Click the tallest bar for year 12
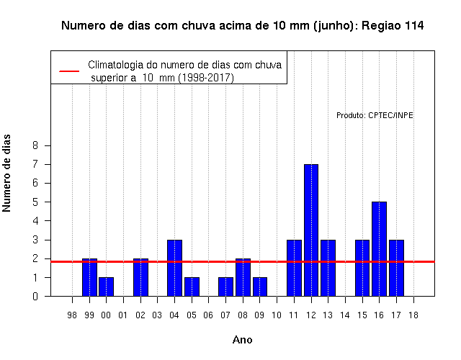(311, 230)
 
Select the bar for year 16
(379, 249)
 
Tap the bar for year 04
(174, 268)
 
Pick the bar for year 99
(89, 277)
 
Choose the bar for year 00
(106, 287)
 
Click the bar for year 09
(260, 287)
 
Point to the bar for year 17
(396, 268)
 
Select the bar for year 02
(141, 277)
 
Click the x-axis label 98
(72, 315)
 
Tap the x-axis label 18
(413, 315)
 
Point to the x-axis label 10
(277, 315)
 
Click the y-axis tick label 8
(35, 145)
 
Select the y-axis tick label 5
(35, 202)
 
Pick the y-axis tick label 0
(35, 296)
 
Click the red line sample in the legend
(69, 71)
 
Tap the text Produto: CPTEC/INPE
(375, 115)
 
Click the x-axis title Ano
(242, 340)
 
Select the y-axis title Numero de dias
(6, 174)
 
